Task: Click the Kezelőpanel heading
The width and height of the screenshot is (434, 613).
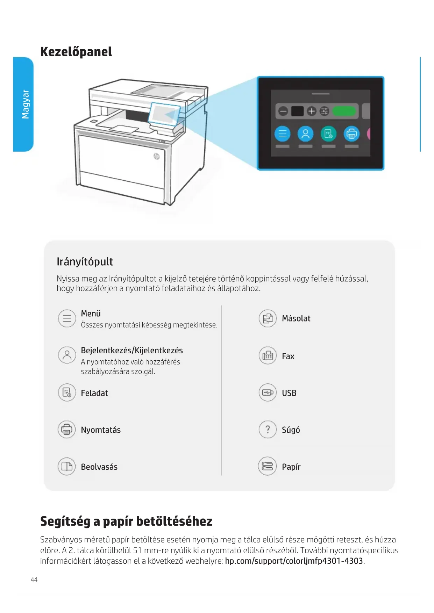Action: point(76,52)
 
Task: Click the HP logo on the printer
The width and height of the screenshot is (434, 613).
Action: point(156,156)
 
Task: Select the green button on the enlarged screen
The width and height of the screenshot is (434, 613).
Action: point(344,111)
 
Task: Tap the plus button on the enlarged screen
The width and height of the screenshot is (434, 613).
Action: point(311,111)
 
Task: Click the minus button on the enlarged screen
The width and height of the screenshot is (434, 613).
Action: point(283,111)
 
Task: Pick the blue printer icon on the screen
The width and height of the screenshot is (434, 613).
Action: point(351,134)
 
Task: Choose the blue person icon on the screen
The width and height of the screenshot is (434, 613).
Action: point(305,134)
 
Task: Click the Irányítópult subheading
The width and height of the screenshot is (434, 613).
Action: point(85,261)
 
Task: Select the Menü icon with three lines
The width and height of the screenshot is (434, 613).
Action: point(67,318)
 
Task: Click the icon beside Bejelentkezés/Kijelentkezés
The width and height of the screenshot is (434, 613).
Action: point(67,355)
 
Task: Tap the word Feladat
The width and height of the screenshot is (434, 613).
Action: point(94,393)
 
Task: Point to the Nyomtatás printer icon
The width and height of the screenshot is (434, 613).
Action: point(66,430)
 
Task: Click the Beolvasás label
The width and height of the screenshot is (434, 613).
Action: point(99,467)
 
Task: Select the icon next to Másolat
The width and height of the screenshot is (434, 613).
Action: point(268,318)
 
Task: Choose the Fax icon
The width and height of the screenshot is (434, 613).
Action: point(268,356)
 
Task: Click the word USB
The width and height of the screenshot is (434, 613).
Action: point(289,393)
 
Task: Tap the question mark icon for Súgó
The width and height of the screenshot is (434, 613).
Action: point(268,430)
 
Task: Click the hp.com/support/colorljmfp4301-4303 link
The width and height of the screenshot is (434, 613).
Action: point(294,561)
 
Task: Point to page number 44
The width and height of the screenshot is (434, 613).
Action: point(34,580)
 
